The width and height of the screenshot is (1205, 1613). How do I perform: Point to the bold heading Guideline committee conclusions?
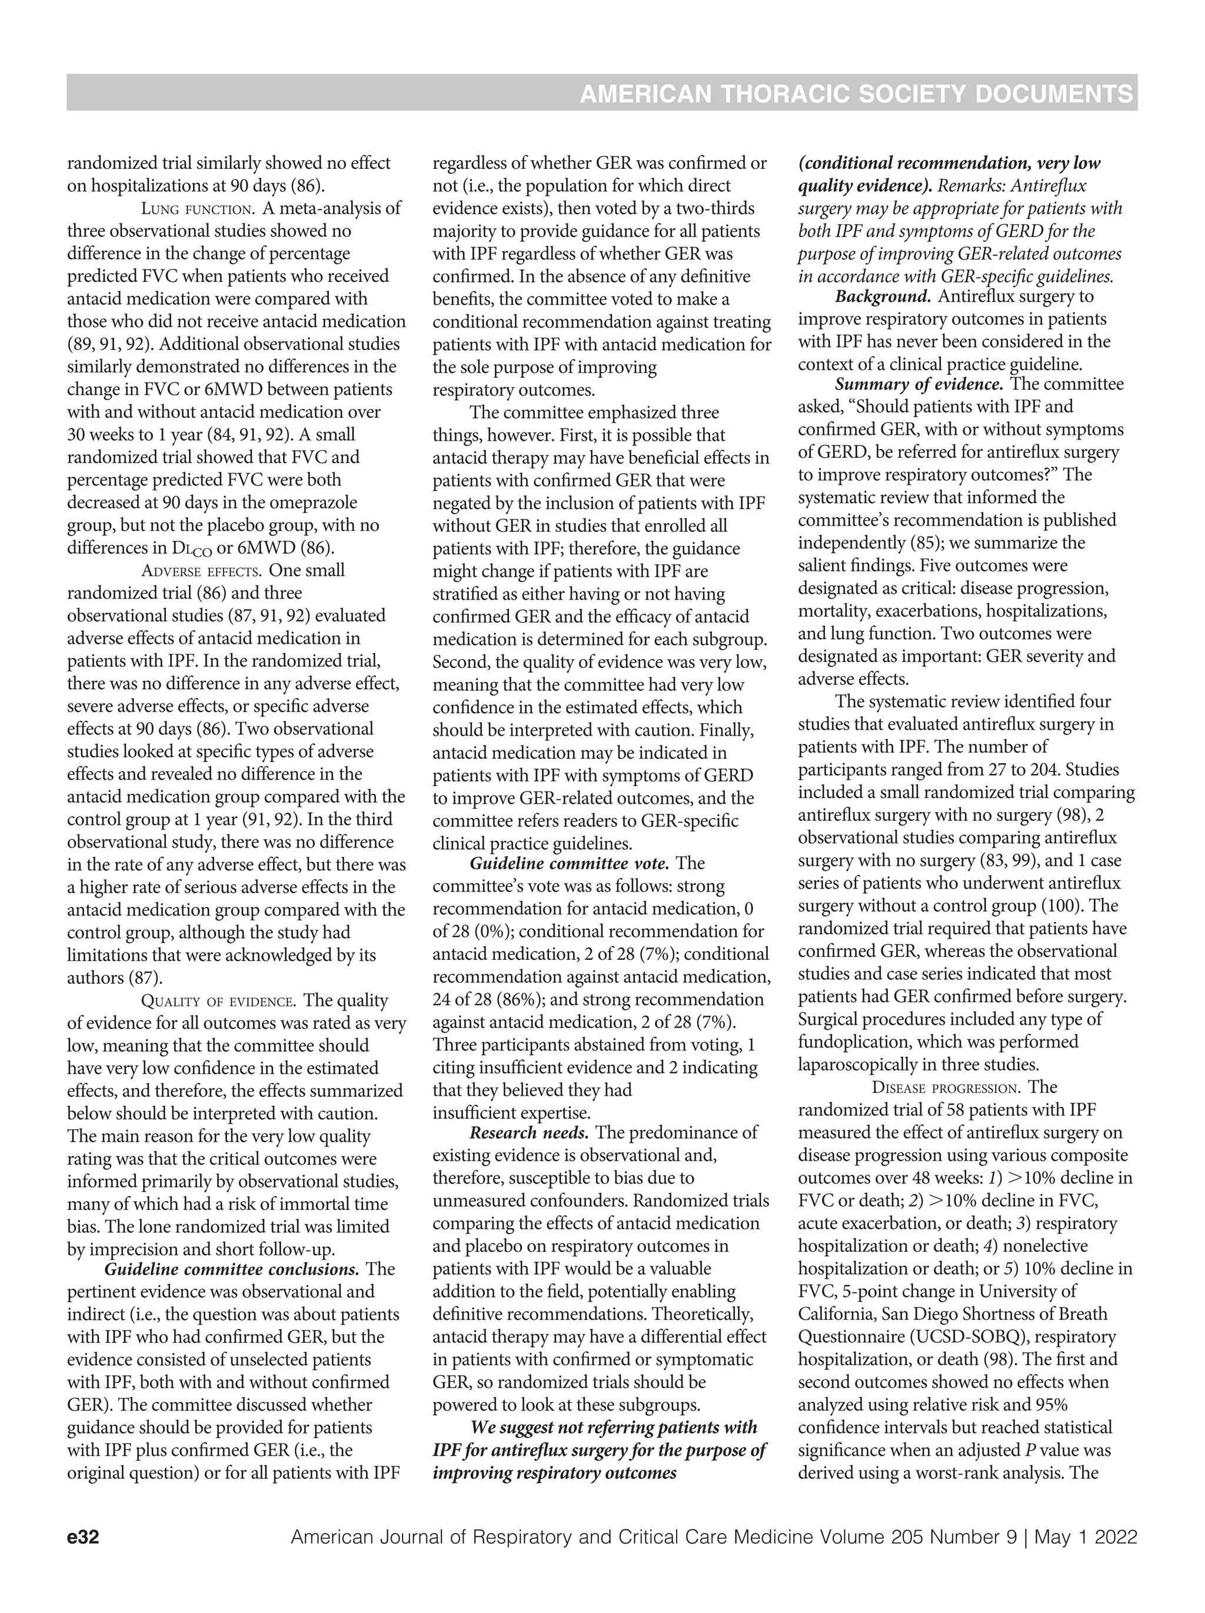point(232,1269)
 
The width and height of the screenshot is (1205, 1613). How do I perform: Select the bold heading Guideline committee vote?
point(568,863)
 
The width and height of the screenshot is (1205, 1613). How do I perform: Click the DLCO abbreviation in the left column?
point(189,548)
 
